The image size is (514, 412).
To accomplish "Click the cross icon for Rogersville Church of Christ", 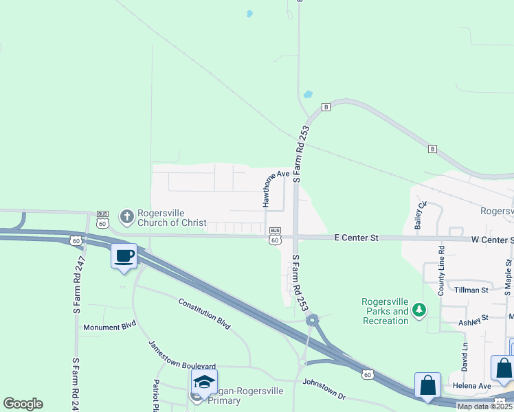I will pyautogui.click(x=126, y=217).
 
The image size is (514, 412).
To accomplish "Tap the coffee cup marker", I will pyautogui.click(x=124, y=257).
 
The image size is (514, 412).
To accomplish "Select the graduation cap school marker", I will pyautogui.click(x=204, y=382).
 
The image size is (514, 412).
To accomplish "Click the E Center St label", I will pyautogui.click(x=356, y=238).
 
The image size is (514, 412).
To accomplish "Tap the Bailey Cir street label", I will pyautogui.click(x=420, y=216).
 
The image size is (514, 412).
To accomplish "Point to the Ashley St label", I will pyautogui.click(x=473, y=319).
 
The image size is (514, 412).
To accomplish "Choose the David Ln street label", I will pyautogui.click(x=465, y=357).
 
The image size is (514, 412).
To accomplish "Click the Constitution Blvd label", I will pyautogui.click(x=204, y=314).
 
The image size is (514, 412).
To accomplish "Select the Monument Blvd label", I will pyautogui.click(x=110, y=327).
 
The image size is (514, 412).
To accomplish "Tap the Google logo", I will pyautogui.click(x=23, y=403).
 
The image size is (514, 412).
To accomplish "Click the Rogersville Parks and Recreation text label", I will pyautogui.click(x=385, y=312).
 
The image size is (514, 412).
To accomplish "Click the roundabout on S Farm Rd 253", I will pyautogui.click(x=313, y=319).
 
